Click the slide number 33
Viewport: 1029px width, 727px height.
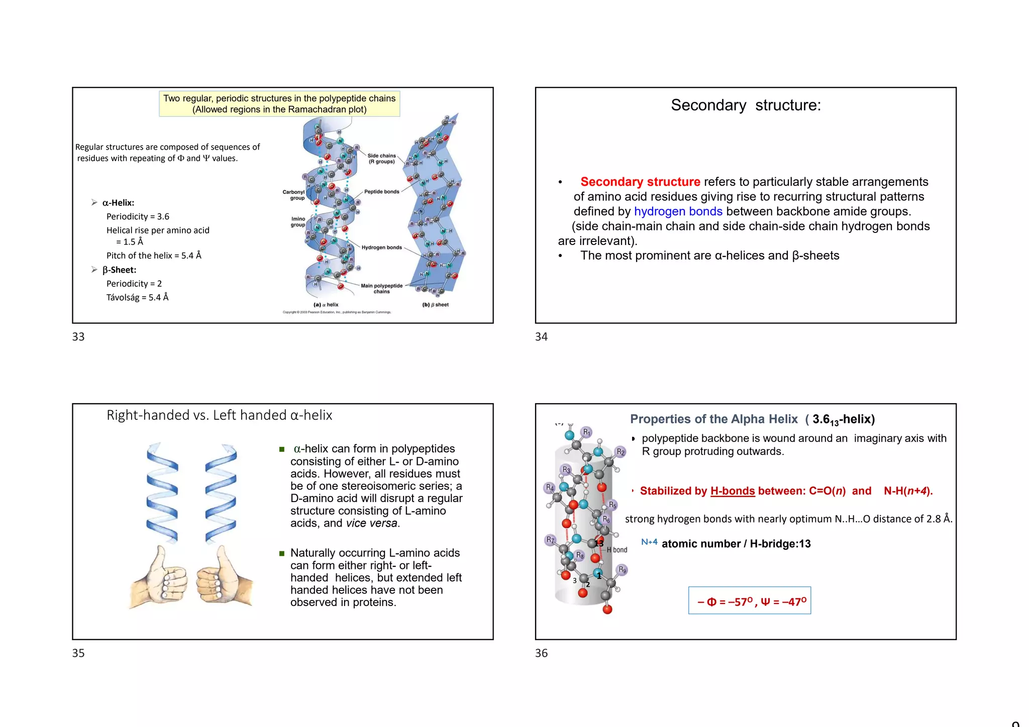point(78,337)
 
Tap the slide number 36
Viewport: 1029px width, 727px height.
point(541,653)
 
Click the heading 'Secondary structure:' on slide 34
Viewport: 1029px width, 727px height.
point(746,105)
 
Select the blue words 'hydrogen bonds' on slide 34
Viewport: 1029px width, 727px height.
point(678,211)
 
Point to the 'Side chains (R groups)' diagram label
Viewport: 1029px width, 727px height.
point(381,159)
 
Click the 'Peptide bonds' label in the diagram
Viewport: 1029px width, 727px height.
point(381,192)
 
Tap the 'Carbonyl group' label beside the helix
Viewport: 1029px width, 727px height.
point(294,195)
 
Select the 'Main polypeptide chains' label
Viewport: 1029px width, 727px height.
point(381,289)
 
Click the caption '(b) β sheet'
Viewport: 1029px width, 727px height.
point(435,305)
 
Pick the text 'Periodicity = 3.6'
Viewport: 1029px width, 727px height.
point(138,217)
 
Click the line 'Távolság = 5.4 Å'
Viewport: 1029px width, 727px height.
point(137,298)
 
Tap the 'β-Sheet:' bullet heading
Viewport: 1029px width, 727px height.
point(119,270)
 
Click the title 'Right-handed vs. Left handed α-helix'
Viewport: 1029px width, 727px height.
point(219,415)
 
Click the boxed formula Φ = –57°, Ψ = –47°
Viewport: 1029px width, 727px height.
point(749,601)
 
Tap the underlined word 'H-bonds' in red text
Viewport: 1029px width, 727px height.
point(732,491)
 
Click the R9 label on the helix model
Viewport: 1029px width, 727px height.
point(622,570)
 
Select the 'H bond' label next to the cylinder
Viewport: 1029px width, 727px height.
point(617,550)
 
